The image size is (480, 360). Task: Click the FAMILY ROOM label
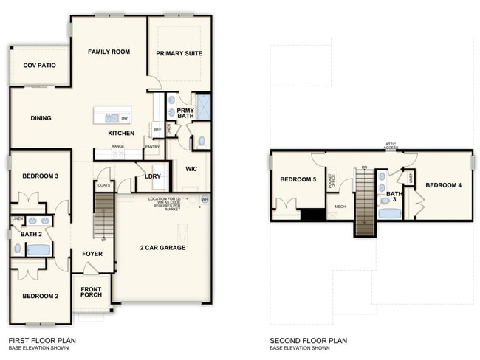(109, 52)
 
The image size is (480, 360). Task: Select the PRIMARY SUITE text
(179, 53)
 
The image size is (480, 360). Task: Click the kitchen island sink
(111, 117)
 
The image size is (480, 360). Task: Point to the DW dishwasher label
(124, 118)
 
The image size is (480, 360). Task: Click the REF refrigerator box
(157, 130)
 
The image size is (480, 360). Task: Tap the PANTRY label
(152, 147)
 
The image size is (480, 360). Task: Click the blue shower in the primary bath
(202, 108)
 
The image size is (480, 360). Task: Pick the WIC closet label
(191, 169)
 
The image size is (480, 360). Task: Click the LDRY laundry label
(153, 176)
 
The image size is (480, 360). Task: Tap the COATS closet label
(103, 185)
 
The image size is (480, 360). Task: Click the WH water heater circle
(205, 199)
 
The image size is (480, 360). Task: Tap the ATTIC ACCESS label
(391, 146)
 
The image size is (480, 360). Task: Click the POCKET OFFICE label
(332, 181)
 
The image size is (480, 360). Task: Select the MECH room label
(340, 207)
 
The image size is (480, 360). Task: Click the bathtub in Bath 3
(389, 214)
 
